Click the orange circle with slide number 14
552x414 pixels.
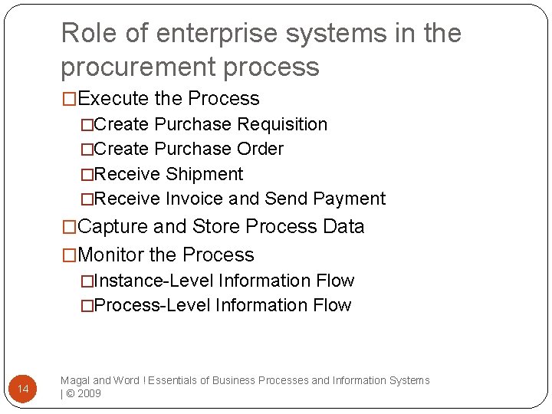[x=23, y=390]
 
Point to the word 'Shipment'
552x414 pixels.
[x=205, y=174]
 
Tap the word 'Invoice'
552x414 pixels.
[x=194, y=199]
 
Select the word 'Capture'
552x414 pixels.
[x=113, y=227]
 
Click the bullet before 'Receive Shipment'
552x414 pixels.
[x=88, y=175]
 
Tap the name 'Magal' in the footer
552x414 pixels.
[x=75, y=380]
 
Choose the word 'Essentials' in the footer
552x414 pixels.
[x=177, y=380]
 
